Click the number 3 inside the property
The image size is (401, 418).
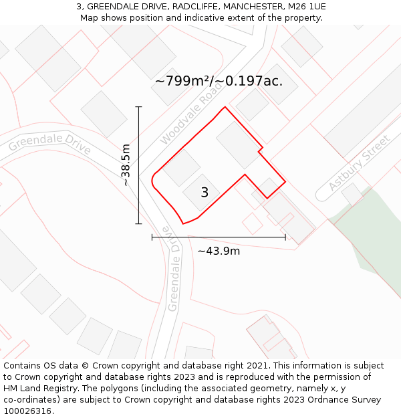205,193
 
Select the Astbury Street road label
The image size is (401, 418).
359,163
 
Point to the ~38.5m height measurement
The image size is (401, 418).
126,165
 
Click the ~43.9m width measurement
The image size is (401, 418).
219,251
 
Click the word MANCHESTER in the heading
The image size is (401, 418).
247,7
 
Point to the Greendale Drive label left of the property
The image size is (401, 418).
50,143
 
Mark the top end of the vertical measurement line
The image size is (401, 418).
139,106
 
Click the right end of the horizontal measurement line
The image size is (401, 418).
285,237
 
